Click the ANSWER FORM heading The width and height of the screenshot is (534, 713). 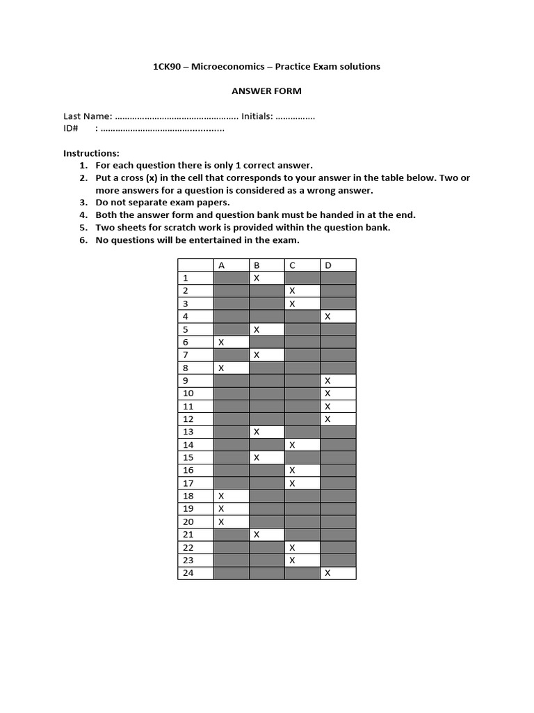pyautogui.click(x=266, y=91)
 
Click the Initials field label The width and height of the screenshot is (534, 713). pyautogui.click(x=257, y=117)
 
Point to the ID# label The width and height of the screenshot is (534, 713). pyautogui.click(x=71, y=129)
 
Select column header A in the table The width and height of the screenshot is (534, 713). pyautogui.click(x=222, y=265)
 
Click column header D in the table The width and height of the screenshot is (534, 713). pyautogui.click(x=327, y=265)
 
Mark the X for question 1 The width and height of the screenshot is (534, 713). pyautogui.click(x=257, y=278)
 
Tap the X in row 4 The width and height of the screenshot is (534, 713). pyautogui.click(x=327, y=316)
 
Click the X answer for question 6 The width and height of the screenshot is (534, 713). pyautogui.click(x=221, y=342)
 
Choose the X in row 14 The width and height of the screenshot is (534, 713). pyautogui.click(x=292, y=444)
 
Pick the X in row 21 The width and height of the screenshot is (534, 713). pyautogui.click(x=257, y=534)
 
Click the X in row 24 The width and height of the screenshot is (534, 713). pyautogui.click(x=327, y=572)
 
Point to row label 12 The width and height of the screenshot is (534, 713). pyautogui.click(x=188, y=418)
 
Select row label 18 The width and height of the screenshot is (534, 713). pyautogui.click(x=188, y=496)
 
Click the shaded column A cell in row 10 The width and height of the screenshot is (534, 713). pyautogui.click(x=231, y=393)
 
